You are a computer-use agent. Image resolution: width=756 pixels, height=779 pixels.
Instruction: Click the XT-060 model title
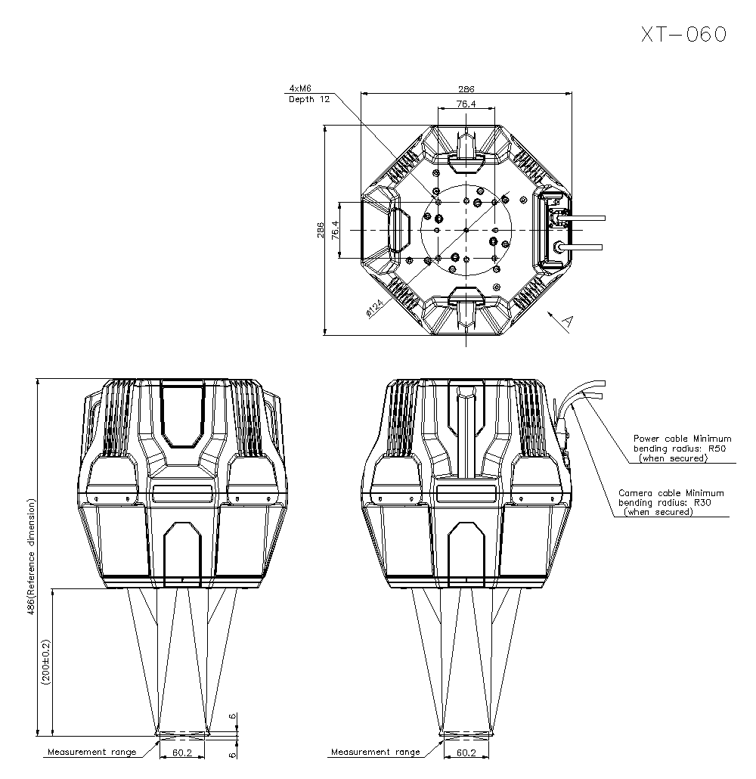[683, 34]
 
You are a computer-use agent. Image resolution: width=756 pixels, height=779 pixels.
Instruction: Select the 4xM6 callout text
[301, 88]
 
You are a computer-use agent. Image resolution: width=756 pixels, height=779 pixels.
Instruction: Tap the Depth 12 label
[309, 99]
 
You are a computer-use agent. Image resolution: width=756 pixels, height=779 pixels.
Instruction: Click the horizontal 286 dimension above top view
[466, 89]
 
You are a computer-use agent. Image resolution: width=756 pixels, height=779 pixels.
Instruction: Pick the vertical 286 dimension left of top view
[321, 230]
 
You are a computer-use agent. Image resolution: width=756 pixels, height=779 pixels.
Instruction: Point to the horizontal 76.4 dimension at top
[466, 104]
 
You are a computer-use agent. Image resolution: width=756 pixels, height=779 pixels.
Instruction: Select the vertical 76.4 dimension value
[336, 230]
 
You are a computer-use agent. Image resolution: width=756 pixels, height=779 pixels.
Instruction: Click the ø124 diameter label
[373, 309]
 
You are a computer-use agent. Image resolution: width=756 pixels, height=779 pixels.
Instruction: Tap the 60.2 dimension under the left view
[182, 753]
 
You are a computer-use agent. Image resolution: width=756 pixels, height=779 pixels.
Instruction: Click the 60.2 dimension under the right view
[466, 753]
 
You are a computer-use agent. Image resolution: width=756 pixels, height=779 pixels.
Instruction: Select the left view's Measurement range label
[91, 752]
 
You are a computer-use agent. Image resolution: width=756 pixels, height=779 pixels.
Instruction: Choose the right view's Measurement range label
[375, 752]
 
